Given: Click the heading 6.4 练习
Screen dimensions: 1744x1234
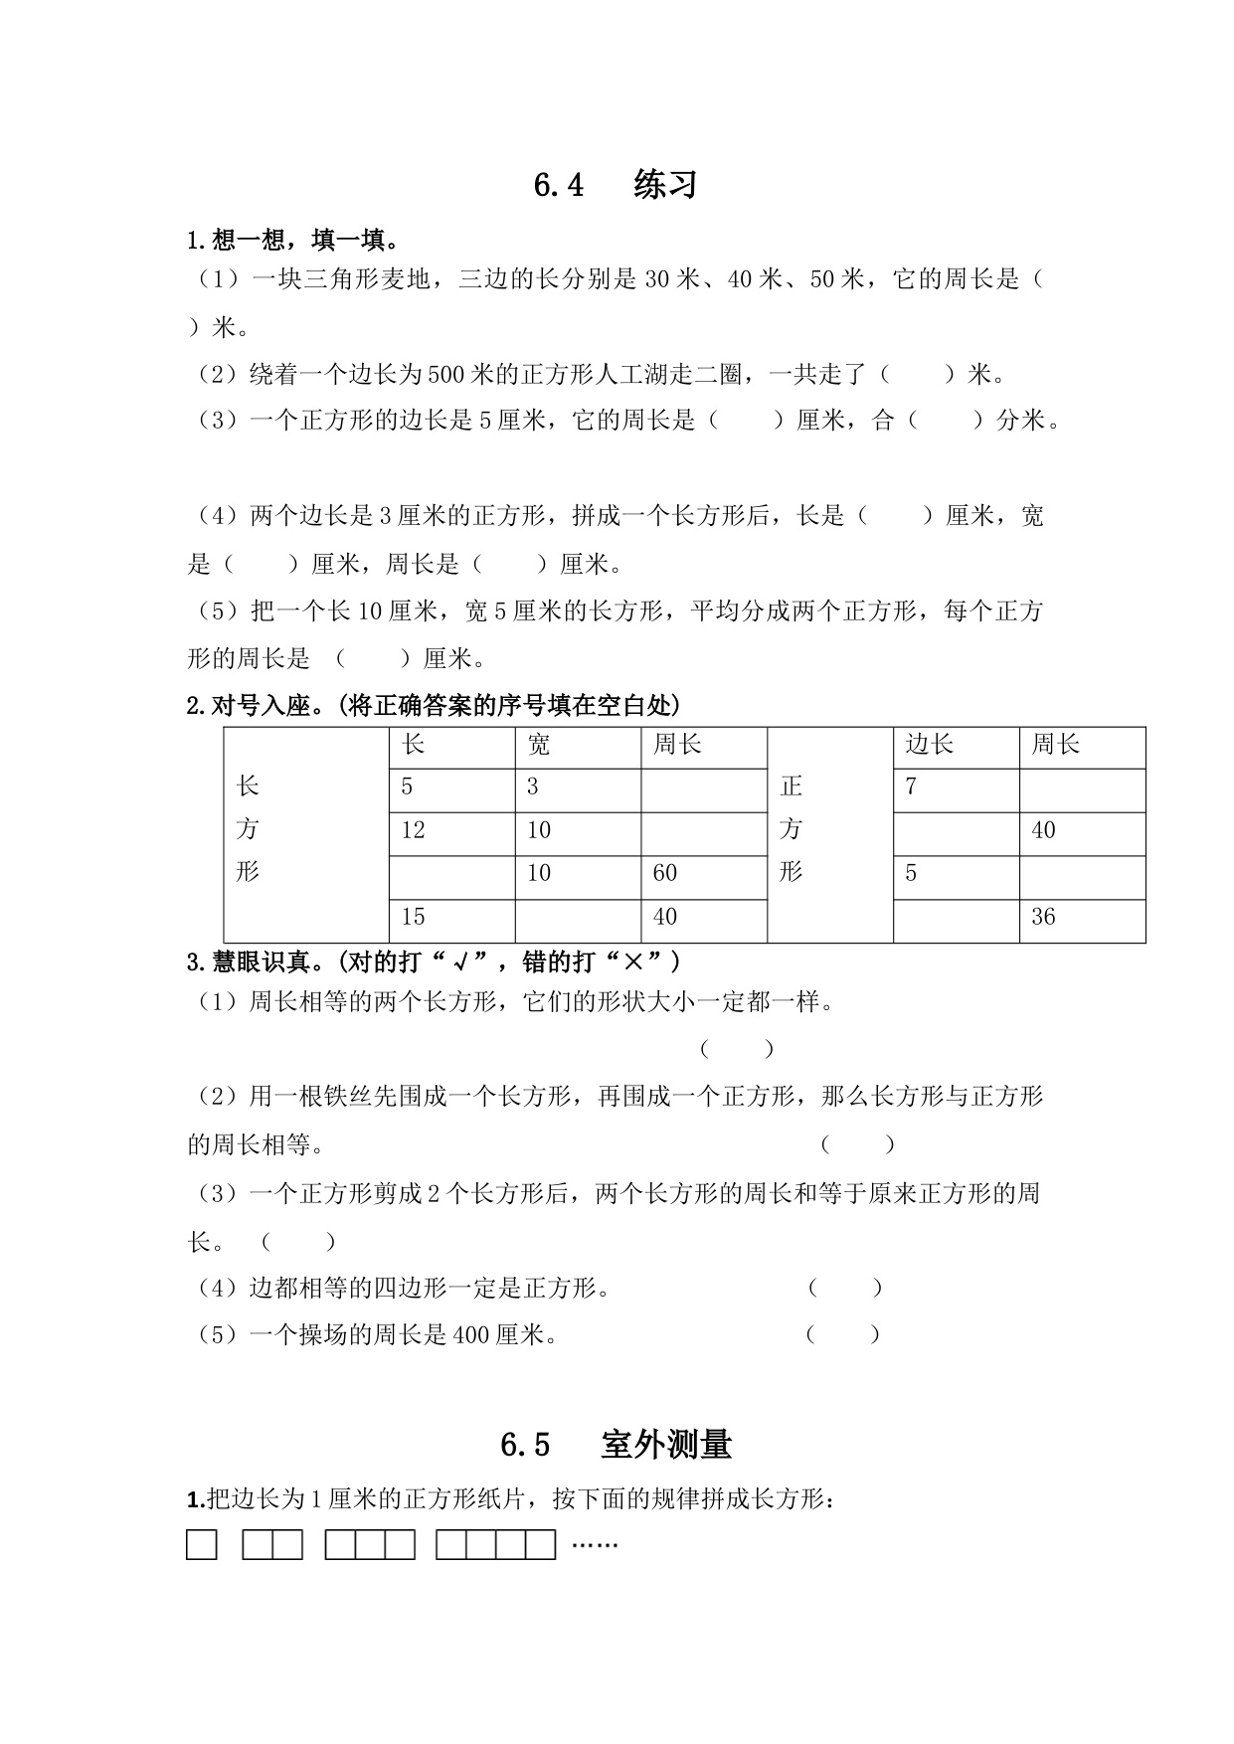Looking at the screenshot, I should (x=616, y=185).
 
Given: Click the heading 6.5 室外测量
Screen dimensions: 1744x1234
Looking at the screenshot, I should (x=616, y=1444).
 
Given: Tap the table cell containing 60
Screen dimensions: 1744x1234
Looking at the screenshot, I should (x=703, y=874).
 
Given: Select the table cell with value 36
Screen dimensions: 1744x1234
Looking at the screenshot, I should (x=1081, y=917).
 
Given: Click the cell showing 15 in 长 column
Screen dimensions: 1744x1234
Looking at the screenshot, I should (x=451, y=917).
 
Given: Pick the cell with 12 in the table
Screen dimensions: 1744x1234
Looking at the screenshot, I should (x=451, y=830).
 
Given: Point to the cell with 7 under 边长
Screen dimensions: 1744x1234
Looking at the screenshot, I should (x=955, y=787).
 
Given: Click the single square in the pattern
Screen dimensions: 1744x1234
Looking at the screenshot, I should (x=202, y=1545).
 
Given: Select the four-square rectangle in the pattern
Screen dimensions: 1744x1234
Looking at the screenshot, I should (x=495, y=1545).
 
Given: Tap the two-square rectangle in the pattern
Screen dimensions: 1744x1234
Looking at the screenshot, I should (x=272, y=1545).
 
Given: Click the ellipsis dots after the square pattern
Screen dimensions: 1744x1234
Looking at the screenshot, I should (x=595, y=1544).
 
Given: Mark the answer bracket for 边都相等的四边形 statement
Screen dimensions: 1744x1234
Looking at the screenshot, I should (x=844, y=1289).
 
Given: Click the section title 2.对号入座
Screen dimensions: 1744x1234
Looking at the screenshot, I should (x=434, y=706).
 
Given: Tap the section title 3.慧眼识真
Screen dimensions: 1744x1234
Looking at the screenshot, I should (x=434, y=962).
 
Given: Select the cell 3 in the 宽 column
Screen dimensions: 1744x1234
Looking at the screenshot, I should (x=577, y=787).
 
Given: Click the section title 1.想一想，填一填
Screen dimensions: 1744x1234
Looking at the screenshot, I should (x=293, y=240).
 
